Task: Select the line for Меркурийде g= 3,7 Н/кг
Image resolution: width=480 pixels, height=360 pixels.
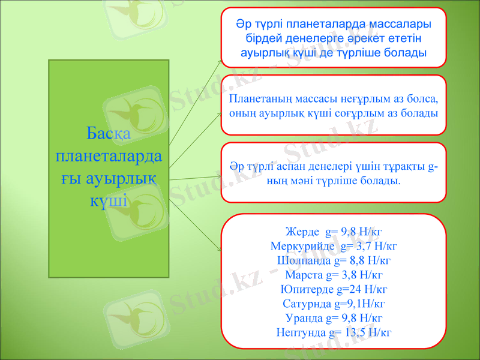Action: (334, 246)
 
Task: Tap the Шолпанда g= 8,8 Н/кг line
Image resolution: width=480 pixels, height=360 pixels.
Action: (334, 260)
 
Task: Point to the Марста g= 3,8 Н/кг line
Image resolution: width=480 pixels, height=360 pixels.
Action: (334, 275)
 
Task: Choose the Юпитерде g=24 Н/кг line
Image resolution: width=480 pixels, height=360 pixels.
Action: (334, 289)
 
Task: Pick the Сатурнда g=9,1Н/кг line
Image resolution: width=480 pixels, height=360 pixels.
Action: (334, 304)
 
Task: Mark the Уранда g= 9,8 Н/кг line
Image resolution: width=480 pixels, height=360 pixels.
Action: (334, 317)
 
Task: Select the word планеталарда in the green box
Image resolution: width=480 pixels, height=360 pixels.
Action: (108, 155)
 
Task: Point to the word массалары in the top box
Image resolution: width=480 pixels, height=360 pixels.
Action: (400, 25)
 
